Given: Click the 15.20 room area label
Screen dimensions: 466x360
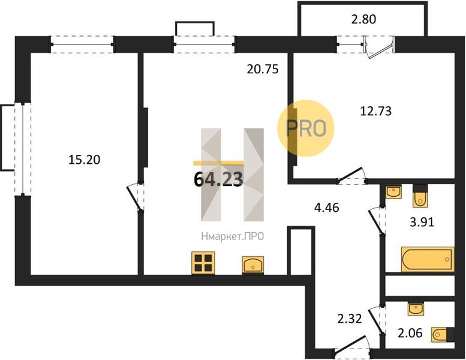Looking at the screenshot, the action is pyautogui.click(x=85, y=160).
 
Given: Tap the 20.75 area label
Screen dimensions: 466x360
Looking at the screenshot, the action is pyautogui.click(x=263, y=69).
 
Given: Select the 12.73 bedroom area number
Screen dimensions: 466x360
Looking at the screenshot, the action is pyautogui.click(x=375, y=111).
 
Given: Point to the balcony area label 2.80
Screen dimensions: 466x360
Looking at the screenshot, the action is pyautogui.click(x=364, y=19).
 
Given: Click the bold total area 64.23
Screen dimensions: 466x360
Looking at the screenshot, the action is pyautogui.click(x=218, y=179).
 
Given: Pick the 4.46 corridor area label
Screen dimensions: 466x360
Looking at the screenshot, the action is pyautogui.click(x=327, y=208).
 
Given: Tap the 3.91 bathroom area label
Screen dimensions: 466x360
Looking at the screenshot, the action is pyautogui.click(x=422, y=222).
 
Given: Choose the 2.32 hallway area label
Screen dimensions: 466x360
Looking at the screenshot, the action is pyautogui.click(x=350, y=319).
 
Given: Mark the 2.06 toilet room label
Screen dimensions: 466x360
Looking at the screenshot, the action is pyautogui.click(x=410, y=333).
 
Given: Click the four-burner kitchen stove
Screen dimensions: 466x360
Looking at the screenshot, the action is pyautogui.click(x=203, y=263).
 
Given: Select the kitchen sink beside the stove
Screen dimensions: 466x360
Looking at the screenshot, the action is pyautogui.click(x=253, y=265).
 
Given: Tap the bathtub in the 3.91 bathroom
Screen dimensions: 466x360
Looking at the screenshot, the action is pyautogui.click(x=428, y=259).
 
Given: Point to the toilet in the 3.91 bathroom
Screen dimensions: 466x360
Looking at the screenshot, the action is pyautogui.click(x=420, y=196).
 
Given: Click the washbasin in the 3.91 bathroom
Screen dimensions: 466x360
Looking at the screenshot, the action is pyautogui.click(x=393, y=192).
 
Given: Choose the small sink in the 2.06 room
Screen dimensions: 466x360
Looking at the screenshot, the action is pyautogui.click(x=416, y=309).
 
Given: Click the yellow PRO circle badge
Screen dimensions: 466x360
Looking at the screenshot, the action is pyautogui.click(x=306, y=128).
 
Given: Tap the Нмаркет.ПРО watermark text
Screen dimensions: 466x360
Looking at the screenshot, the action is pyautogui.click(x=233, y=236).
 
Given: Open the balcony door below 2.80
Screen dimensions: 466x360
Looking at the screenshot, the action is pyautogui.click(x=380, y=47).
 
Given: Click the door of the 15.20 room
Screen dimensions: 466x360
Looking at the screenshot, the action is pyautogui.click(x=136, y=197).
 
